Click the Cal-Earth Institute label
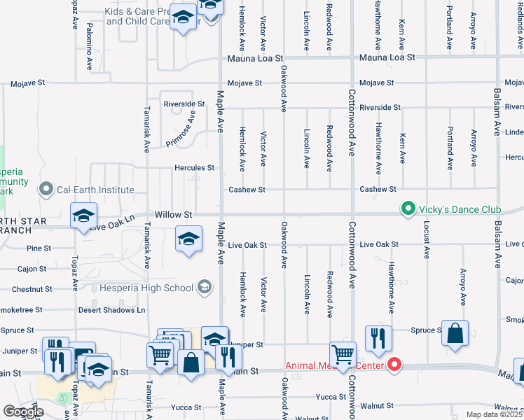(x=95, y=190)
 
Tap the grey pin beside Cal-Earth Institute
(x=47, y=190)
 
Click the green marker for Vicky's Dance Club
(x=407, y=209)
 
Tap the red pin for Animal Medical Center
(x=394, y=365)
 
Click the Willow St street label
(x=173, y=214)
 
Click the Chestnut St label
(x=32, y=289)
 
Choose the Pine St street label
(x=39, y=248)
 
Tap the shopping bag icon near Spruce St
(x=455, y=335)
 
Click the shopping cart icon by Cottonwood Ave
(x=343, y=355)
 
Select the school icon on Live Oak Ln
(x=83, y=216)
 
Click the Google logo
(x=23, y=412)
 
